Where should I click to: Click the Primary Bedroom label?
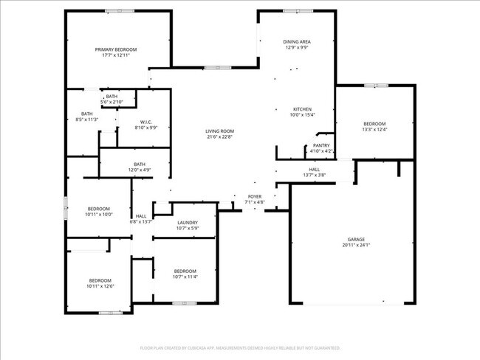point(116,49)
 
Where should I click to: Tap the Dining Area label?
point(297,41)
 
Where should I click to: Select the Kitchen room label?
point(302,109)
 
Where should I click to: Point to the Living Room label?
point(219,131)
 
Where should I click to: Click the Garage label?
point(356,240)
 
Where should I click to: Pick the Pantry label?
point(321,145)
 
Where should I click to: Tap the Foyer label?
point(254,196)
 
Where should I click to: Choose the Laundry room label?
point(186,222)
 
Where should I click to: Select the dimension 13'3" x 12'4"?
point(374,130)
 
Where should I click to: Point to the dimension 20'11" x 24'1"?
point(357,246)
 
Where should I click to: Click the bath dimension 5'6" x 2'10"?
point(112,102)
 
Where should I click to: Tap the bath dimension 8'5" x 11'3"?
point(87,120)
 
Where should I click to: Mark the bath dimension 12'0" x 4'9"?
point(140,170)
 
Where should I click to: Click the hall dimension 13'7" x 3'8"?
point(315,176)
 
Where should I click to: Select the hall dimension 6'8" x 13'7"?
point(141,221)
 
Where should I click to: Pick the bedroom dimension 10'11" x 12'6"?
point(100,286)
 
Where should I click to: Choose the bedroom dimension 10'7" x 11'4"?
point(185,277)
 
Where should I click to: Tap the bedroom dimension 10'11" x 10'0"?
point(99,215)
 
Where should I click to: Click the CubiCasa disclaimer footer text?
point(240,347)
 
